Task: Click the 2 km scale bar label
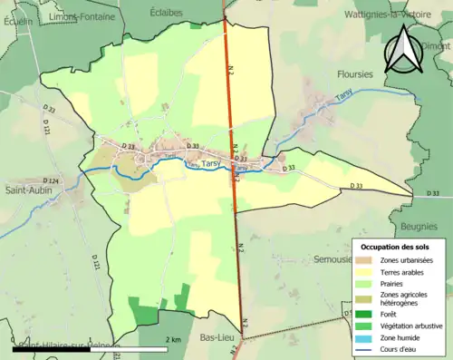pos(175,339)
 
